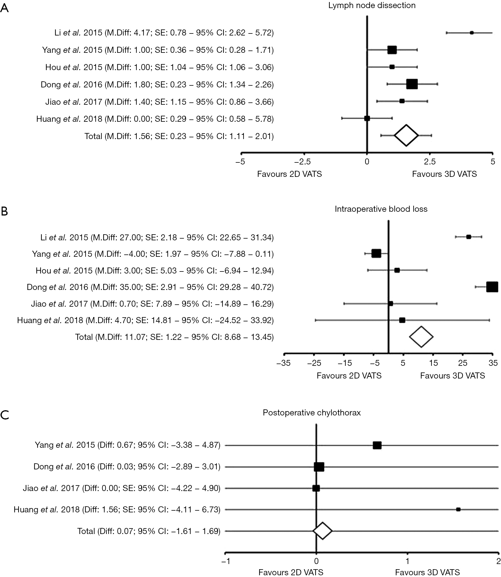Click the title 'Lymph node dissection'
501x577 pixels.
click(372, 5)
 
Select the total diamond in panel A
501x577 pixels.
click(406, 136)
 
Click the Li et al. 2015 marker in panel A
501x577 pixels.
click(472, 33)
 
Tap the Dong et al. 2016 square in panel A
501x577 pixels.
click(412, 84)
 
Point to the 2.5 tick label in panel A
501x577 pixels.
click(430, 162)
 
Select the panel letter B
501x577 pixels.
click(4, 211)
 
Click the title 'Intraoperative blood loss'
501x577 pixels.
click(381, 209)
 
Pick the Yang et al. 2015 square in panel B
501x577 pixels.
click(376, 254)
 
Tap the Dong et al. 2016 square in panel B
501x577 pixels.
click(492, 287)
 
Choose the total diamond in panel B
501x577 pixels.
click(421, 337)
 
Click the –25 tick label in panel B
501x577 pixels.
click(314, 363)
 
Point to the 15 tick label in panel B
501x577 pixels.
click(434, 363)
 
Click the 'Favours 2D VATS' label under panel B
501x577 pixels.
click(349, 376)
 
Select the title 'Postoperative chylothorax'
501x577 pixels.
click(312, 413)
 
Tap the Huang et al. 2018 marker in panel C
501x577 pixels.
click(458, 509)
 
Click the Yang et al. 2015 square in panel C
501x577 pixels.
click(377, 445)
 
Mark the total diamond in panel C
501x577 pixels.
click(323, 531)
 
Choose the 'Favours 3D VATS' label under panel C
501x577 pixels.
click(427, 572)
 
